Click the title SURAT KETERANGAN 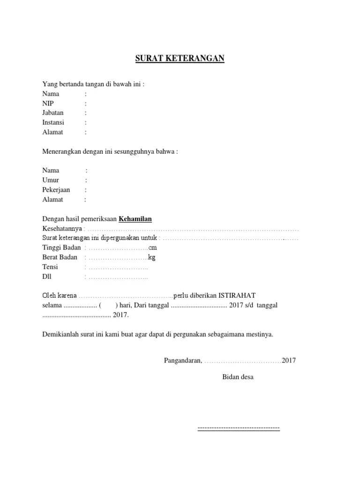click(180, 59)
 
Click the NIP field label click(48, 103)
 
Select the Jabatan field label click(53, 113)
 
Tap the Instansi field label click(53, 122)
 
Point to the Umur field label click(51, 180)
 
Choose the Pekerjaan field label click(56, 190)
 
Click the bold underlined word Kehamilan click(135, 219)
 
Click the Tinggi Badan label click(61, 247)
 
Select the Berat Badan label click(60, 257)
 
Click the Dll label click(47, 277)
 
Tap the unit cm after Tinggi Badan click(152, 247)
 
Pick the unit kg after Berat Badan click(151, 257)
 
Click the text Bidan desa click(238, 377)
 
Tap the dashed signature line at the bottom click(239, 428)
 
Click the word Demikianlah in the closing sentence click(61, 335)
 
